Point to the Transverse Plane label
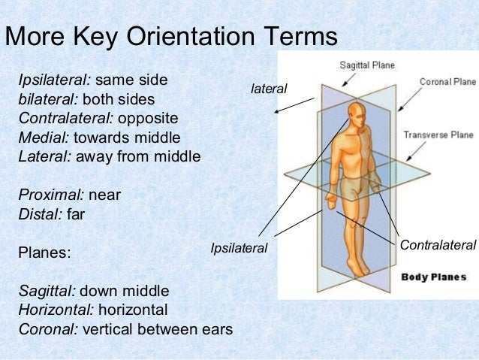tap(438, 135)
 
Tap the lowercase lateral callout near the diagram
tap(269, 89)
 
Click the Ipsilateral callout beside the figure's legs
tap(239, 247)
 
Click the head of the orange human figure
tap(358, 113)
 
